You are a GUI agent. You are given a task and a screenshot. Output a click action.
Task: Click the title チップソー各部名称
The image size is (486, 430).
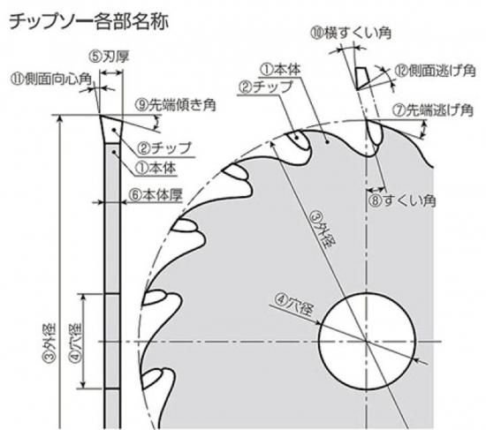pos(89,22)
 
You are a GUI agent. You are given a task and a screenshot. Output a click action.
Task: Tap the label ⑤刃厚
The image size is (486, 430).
pos(109,57)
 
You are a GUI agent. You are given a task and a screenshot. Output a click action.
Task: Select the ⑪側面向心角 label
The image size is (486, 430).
pos(51,79)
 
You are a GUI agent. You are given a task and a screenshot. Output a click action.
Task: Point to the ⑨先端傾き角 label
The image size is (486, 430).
pos(175,105)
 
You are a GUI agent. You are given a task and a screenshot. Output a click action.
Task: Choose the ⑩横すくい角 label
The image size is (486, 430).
pos(351,34)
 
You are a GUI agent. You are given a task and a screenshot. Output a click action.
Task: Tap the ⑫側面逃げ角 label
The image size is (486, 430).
pos(435,71)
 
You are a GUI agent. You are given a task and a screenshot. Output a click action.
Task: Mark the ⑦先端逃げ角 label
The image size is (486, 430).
pos(433,110)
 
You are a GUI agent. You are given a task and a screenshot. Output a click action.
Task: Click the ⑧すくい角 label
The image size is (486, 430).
pos(402,200)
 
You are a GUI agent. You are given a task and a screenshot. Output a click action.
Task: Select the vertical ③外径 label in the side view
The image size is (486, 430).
pos(49,343)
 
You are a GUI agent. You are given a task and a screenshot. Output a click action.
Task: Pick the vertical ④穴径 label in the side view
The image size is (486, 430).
pos(76,343)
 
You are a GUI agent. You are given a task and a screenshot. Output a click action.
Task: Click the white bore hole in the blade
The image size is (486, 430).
pos(367,341)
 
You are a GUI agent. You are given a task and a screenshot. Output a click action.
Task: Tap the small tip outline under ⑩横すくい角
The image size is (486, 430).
pos(361,78)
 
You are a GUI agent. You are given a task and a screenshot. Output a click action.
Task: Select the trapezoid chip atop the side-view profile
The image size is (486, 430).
pos(111,129)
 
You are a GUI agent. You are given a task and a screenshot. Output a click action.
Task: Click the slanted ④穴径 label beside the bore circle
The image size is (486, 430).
pos(294,306)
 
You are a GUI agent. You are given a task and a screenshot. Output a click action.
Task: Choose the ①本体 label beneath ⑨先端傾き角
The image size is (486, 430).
pos(156,168)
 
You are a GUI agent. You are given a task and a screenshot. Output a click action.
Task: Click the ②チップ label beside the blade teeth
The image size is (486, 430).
pos(265,87)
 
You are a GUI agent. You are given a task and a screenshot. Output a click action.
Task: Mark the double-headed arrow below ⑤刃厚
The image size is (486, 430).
pos(111,72)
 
